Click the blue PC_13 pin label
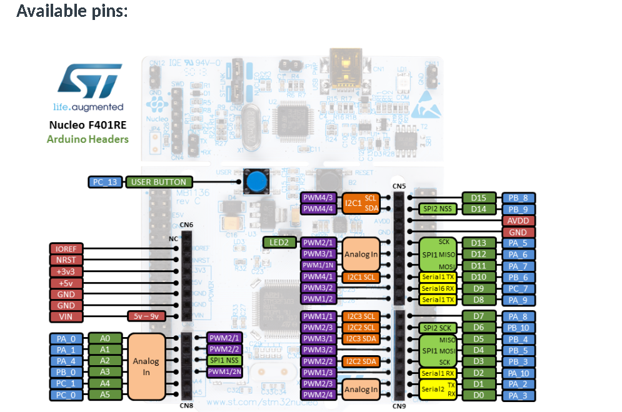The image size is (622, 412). tap(105, 182)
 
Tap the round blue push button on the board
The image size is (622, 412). tap(255, 182)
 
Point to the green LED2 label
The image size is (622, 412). tap(279, 242)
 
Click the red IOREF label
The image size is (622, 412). tap(66, 249)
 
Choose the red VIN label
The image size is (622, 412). tap(66, 316)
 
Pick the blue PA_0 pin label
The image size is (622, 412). tap(65, 338)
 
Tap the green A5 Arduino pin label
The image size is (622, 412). tap(104, 395)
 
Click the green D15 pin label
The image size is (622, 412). tap(479, 198)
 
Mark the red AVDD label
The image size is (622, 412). tap(518, 220)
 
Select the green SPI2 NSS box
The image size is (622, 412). tap(439, 209)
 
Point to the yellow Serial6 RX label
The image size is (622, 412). tap(438, 288)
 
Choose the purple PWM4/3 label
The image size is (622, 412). tap(319, 198)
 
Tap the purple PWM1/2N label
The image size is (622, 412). tap(224, 372)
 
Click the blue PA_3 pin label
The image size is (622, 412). tap(518, 395)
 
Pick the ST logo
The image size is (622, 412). tap(88, 81)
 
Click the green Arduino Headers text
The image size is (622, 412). tap(88, 139)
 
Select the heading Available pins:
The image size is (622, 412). tap(72, 11)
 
